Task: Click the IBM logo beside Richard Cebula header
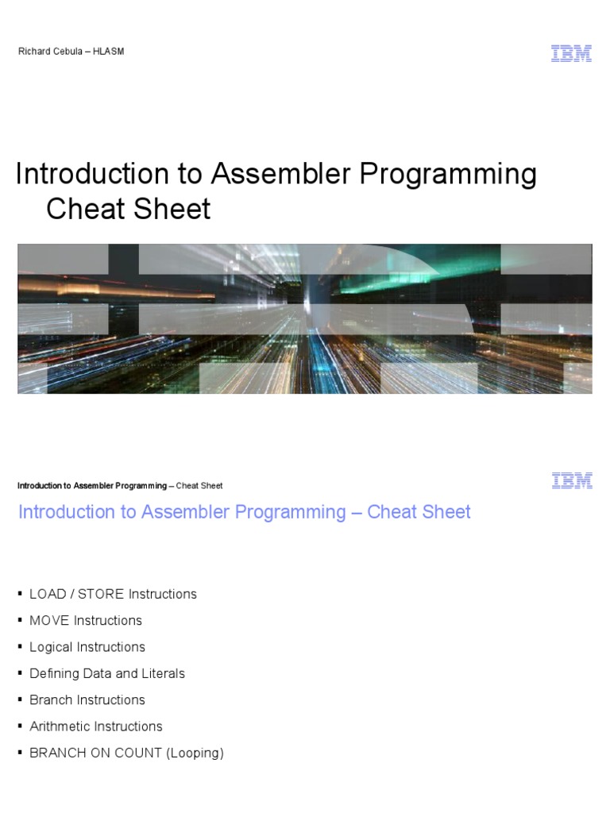point(571,52)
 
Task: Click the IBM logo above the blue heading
point(571,480)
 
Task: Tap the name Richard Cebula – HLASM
point(71,52)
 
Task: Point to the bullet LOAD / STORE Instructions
point(113,594)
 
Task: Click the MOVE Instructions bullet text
point(86,620)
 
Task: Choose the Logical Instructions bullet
point(87,647)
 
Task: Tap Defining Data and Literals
point(107,673)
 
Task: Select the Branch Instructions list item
point(87,699)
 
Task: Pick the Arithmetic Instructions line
point(95,726)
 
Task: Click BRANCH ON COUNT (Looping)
point(126,753)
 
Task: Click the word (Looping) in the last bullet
point(195,753)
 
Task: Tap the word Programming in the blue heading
point(282,512)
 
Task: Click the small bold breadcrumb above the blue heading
point(92,486)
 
